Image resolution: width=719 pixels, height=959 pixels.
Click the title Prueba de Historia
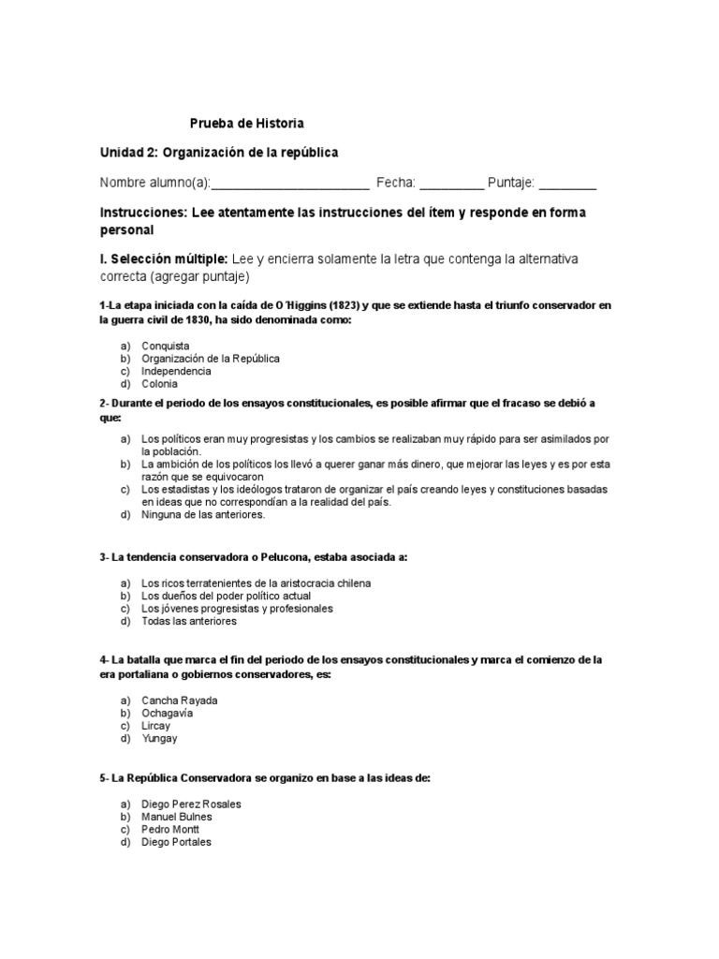click(247, 124)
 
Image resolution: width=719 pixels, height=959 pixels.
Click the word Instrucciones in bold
click(142, 213)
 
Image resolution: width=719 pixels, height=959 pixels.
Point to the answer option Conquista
click(166, 346)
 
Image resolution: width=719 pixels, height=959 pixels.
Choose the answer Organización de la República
click(211, 359)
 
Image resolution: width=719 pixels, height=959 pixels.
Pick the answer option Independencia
click(176, 371)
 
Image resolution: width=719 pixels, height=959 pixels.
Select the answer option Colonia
click(159, 384)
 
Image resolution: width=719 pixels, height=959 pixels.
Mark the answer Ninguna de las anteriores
click(203, 514)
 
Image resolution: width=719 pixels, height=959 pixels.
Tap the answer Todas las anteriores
click(189, 621)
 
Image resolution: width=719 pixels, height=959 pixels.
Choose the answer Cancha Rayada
click(179, 701)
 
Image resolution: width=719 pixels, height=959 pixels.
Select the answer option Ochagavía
click(168, 713)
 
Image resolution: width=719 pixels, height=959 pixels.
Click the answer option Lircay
click(157, 726)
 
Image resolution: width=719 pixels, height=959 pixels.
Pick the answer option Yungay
click(159, 738)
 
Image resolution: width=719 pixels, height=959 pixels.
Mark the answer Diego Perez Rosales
click(191, 804)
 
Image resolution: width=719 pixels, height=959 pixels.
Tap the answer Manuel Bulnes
click(177, 817)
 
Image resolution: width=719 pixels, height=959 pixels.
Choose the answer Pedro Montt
click(170, 830)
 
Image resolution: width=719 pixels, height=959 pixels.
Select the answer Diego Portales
click(176, 842)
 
